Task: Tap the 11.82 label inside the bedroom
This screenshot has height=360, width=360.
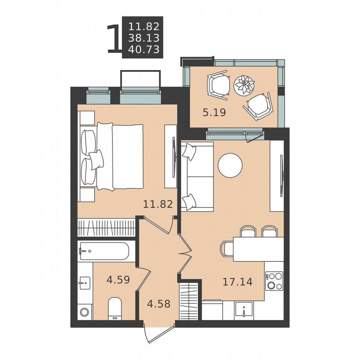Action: (158, 204)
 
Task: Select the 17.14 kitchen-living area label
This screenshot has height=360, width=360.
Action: (237, 282)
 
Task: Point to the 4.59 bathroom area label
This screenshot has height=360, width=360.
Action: (118, 280)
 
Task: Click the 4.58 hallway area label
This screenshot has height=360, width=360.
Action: (158, 303)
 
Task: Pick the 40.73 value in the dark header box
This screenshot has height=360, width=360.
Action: (144, 50)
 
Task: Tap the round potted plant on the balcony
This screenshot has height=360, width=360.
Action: (244, 85)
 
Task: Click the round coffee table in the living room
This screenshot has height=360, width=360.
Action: (230, 165)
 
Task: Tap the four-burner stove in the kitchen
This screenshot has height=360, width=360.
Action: (274, 280)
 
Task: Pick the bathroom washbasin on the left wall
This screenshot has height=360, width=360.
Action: (83, 282)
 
